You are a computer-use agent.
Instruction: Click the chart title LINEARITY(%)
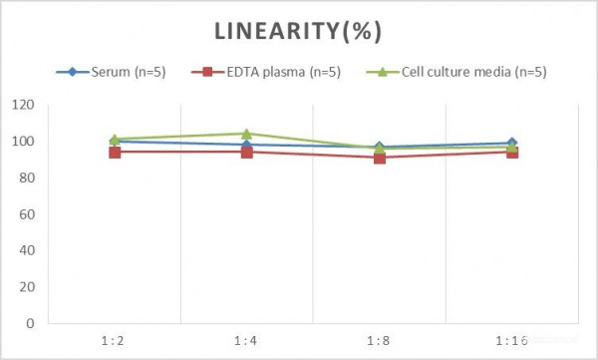coord(299,31)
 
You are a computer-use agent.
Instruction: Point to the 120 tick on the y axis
coord(24,106)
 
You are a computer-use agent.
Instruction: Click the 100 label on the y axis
coord(24,142)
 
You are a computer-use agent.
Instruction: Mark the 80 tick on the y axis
coord(27,179)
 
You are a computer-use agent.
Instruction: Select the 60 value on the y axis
coord(27,214)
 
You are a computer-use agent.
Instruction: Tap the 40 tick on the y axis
coord(27,250)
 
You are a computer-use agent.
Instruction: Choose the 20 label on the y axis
coord(27,287)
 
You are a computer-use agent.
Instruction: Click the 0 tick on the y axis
coord(30,323)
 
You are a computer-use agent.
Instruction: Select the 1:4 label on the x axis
coord(246,340)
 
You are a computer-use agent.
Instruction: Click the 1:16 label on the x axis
coord(511,340)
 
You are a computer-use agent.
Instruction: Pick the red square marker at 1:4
coord(247,153)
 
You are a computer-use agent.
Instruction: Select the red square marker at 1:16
coord(512,153)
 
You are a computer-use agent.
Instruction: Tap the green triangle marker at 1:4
coord(247,134)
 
